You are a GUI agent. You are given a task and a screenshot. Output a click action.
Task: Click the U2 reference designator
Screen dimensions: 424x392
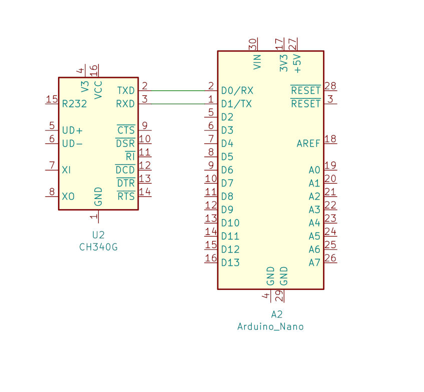click(98, 235)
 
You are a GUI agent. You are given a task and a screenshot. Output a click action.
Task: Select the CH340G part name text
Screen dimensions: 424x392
click(99, 247)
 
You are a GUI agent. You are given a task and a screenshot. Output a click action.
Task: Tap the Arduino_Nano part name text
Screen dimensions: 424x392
click(270, 327)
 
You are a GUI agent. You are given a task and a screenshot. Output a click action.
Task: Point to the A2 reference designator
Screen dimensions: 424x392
click(277, 314)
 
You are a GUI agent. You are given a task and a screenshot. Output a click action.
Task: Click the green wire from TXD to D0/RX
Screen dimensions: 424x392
click(178, 91)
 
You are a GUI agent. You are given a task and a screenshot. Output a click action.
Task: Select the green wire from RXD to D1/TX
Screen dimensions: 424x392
click(178, 103)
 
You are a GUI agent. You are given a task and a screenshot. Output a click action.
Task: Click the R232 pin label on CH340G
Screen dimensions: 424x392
click(75, 103)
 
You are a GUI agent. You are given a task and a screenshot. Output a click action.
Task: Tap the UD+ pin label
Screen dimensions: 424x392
click(72, 130)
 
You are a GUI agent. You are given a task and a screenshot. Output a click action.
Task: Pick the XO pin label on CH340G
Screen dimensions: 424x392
click(68, 196)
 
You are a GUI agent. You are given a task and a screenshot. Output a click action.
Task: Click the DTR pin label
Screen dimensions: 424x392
click(126, 183)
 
